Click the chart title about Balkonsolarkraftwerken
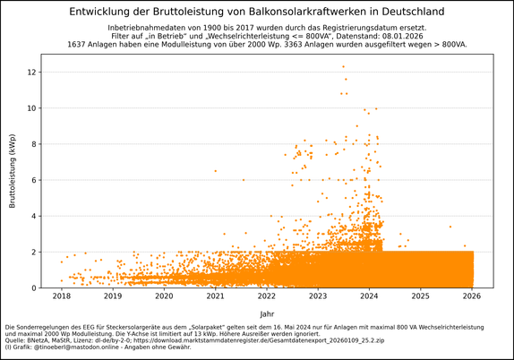click(x=256, y=12)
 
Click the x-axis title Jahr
click(x=267, y=313)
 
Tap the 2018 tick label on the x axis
click(x=61, y=296)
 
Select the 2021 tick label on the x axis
click(x=216, y=296)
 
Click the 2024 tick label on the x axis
click(x=370, y=296)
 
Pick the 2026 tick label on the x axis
click(x=473, y=296)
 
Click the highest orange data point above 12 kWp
click(x=343, y=66)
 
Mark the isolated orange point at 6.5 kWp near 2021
click(x=215, y=170)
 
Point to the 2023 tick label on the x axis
click(x=318, y=296)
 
